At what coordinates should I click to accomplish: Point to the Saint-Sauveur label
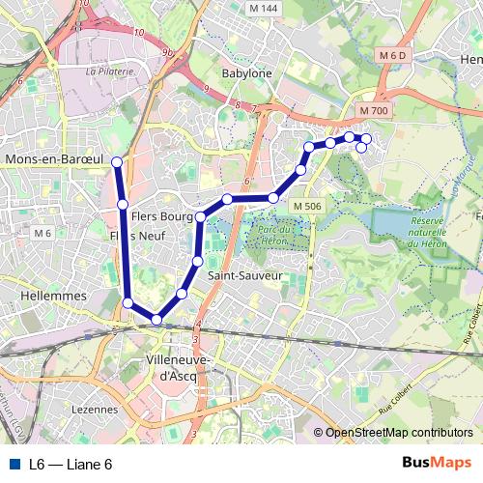click(x=245, y=275)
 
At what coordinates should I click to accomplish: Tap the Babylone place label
click(x=246, y=73)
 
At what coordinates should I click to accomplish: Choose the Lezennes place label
click(x=95, y=409)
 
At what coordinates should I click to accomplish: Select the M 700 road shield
click(x=372, y=112)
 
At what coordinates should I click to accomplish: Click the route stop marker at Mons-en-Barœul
click(x=117, y=162)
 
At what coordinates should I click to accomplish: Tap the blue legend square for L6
click(x=15, y=464)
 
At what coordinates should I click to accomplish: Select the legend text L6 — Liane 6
click(x=71, y=464)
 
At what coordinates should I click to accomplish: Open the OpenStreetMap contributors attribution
click(x=398, y=433)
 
